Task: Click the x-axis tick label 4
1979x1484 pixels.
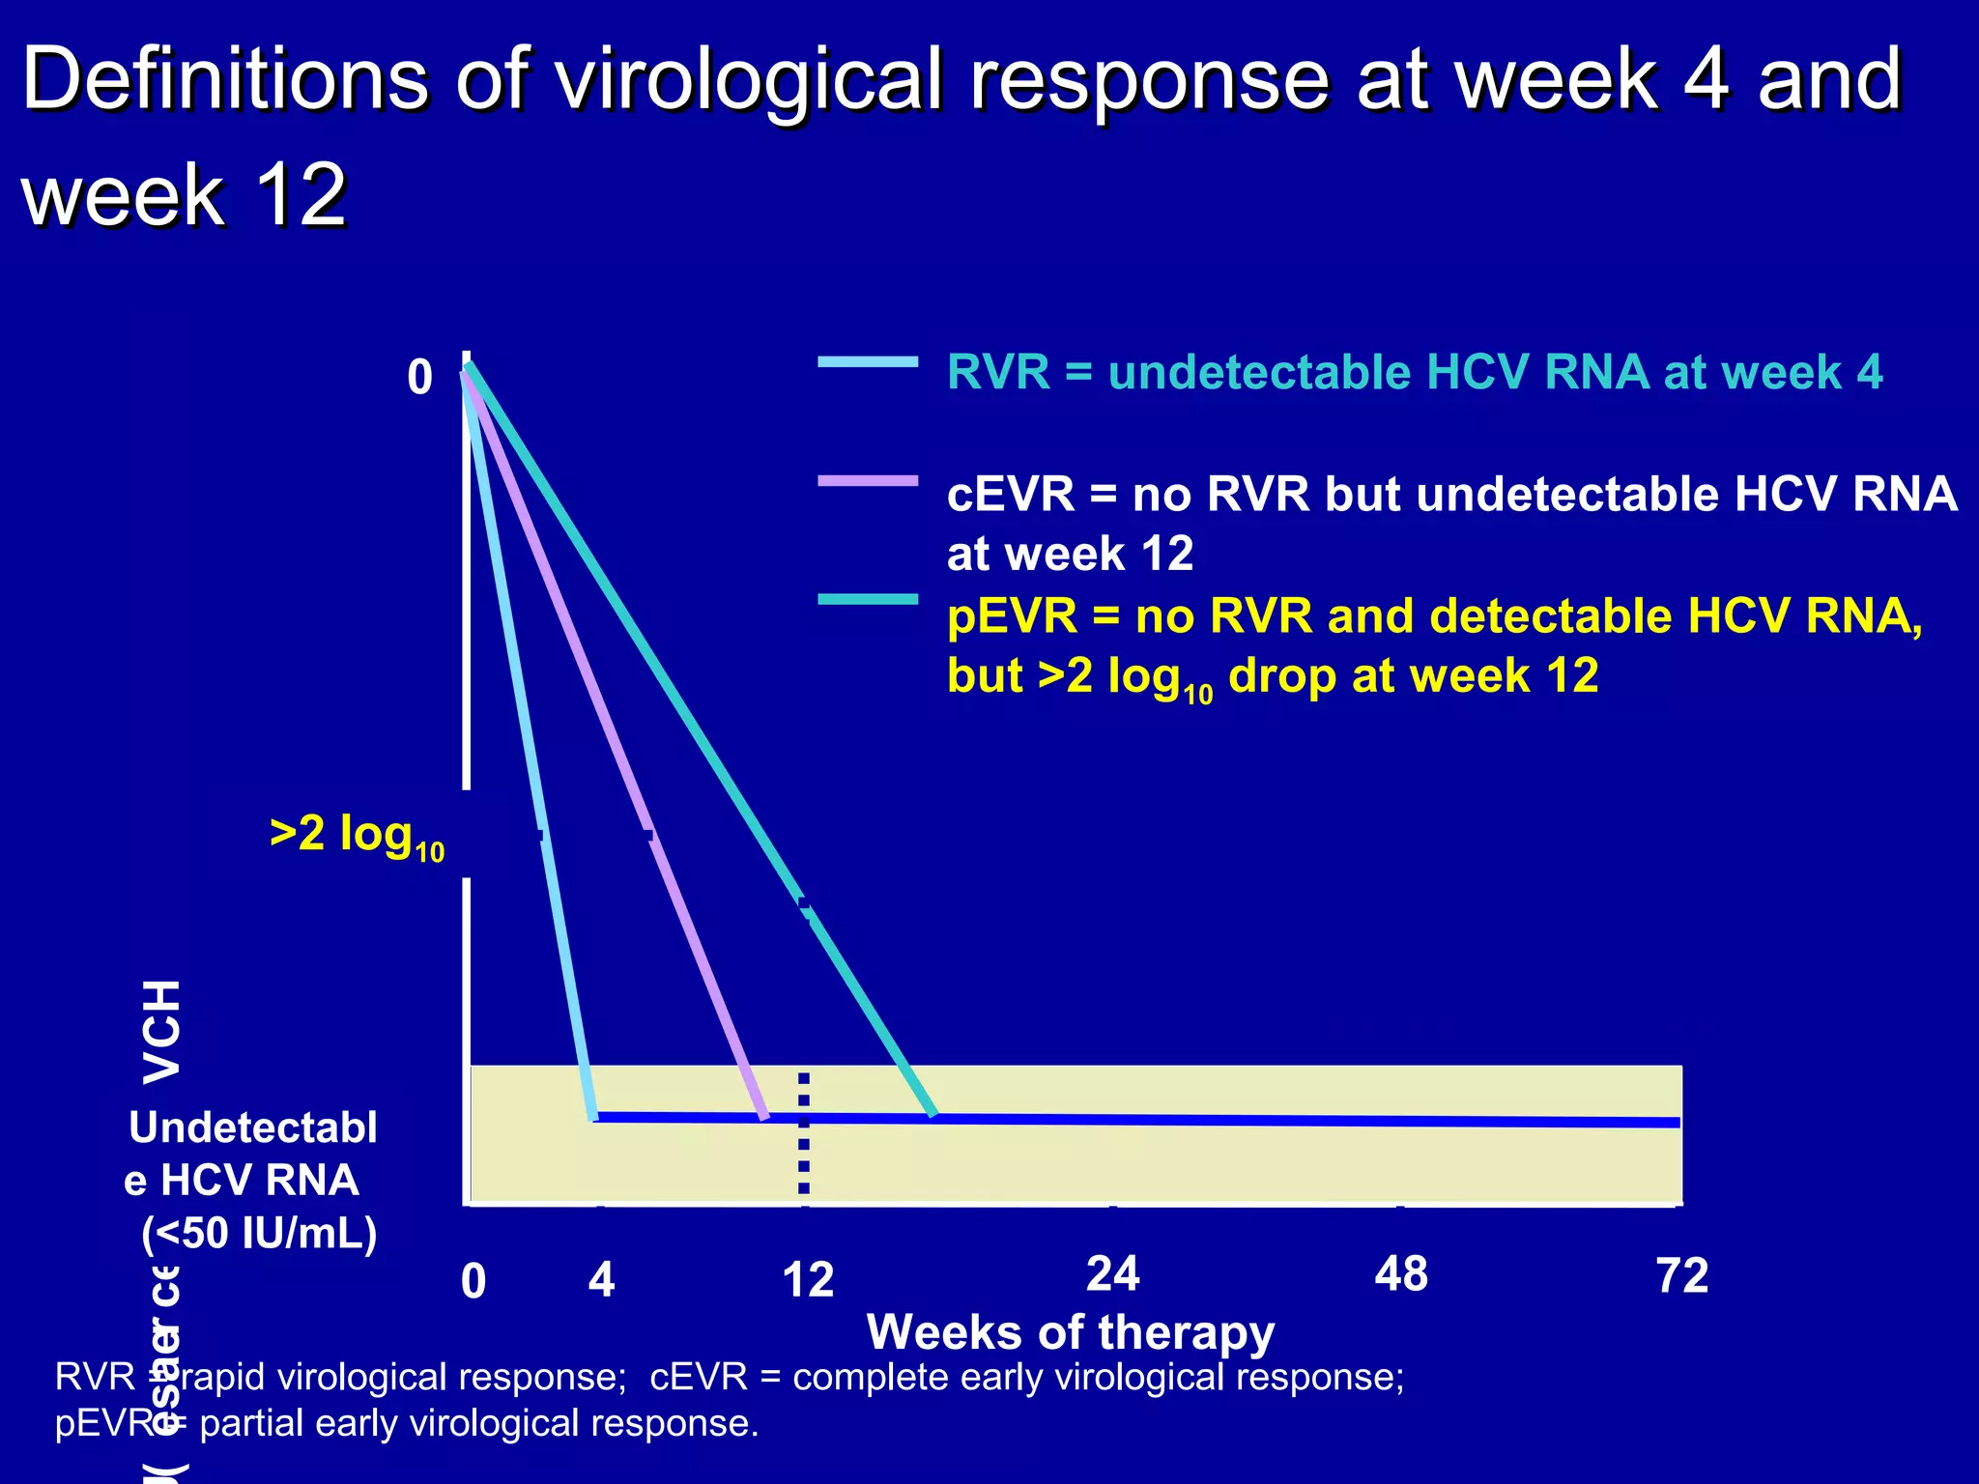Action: click(601, 1280)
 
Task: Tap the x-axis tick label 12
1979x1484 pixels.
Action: click(808, 1280)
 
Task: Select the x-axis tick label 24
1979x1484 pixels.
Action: click(1112, 1273)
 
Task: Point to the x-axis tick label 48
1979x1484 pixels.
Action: click(1401, 1273)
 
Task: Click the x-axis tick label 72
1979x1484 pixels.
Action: click(1681, 1275)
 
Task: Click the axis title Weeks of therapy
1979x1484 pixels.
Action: click(1071, 1332)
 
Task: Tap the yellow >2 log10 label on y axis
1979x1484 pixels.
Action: click(357, 836)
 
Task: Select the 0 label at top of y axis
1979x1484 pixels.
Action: click(419, 377)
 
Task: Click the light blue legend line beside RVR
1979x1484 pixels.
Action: click(867, 362)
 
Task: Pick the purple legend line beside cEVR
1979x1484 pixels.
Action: click(867, 480)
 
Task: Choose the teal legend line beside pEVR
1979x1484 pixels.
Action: click(867, 600)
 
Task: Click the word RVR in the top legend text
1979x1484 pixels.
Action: click(998, 373)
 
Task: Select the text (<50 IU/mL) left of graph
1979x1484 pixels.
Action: click(259, 1233)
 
